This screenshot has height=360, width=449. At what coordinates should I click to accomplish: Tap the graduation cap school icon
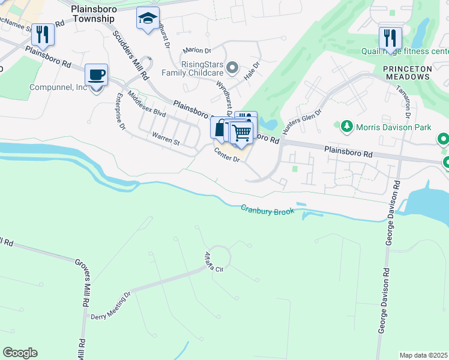click(147, 19)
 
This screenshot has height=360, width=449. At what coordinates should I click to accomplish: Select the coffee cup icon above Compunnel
click(96, 76)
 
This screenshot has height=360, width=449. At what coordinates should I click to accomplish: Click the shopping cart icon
click(241, 132)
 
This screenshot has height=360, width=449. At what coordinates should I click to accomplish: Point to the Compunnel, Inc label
click(59, 88)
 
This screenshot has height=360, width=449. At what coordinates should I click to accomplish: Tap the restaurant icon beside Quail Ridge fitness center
click(390, 38)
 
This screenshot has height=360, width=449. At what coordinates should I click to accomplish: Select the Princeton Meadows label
click(408, 74)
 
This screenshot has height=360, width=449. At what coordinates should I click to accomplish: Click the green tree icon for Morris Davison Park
click(346, 127)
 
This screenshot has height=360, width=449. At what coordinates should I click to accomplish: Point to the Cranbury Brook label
click(267, 211)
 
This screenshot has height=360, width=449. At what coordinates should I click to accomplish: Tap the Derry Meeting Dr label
click(110, 305)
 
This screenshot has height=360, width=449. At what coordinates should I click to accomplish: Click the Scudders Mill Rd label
click(130, 53)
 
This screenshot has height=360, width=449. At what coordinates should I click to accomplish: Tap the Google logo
click(20, 353)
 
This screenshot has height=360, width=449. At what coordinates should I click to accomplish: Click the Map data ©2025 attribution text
click(423, 355)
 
